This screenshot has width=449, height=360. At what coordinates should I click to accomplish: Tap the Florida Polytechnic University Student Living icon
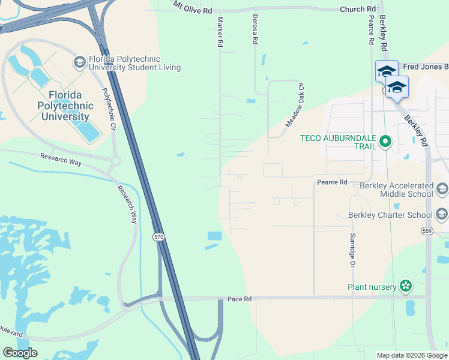click(x=79, y=62)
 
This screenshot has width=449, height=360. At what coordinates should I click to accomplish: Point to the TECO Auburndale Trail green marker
click(x=385, y=143)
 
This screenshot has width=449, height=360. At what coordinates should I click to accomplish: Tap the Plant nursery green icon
click(x=406, y=287)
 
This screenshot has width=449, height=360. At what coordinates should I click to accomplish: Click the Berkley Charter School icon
click(x=442, y=214)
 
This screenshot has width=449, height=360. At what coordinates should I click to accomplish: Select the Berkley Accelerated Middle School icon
click(x=442, y=190)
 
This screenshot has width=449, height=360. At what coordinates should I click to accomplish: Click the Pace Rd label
click(x=238, y=299)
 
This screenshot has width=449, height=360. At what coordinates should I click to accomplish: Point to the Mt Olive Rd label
click(x=193, y=7)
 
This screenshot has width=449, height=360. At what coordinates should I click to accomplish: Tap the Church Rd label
click(x=357, y=10)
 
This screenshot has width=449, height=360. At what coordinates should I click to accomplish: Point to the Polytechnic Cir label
click(x=108, y=110)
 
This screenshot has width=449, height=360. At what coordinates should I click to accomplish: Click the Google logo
click(x=20, y=353)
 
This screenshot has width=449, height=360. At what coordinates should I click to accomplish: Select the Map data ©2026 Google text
click(x=411, y=355)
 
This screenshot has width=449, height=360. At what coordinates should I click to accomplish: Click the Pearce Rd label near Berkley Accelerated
click(x=332, y=182)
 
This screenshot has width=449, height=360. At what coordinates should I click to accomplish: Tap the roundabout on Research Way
click(x=115, y=161)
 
